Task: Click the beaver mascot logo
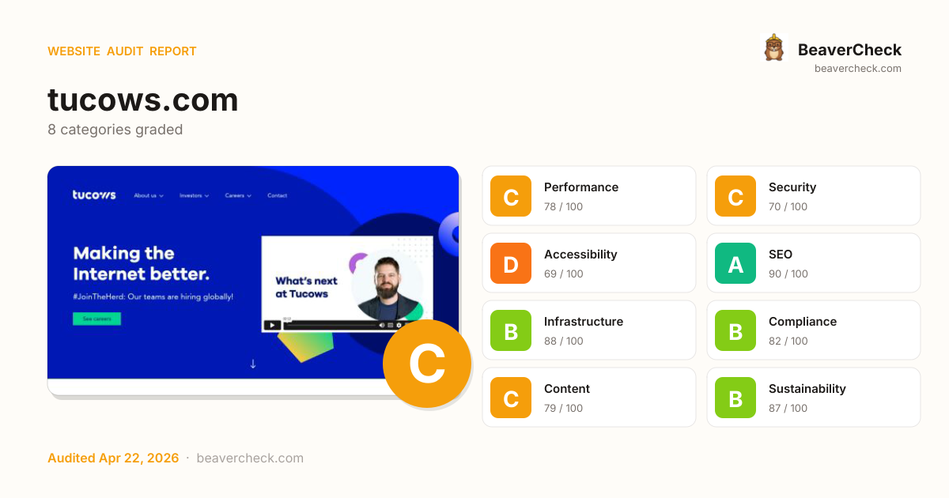pos(773,48)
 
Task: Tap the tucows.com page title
pos(142,100)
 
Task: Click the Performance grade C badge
pos(511,196)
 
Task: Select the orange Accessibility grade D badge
pos(511,263)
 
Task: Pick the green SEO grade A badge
pos(735,263)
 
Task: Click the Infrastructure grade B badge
pos(511,330)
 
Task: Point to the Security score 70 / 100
pos(788,207)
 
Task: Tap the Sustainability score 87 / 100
pos(788,409)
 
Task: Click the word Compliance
pos(802,322)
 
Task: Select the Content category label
pos(566,389)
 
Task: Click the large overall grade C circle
pos(427,364)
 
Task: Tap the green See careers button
pos(96,319)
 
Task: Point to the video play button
pos(272,325)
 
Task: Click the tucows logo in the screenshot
pos(94,195)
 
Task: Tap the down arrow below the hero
pos(253,364)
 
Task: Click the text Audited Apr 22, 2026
pos(113,458)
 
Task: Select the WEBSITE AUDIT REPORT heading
pos(122,51)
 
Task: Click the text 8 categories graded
pos(115,130)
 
